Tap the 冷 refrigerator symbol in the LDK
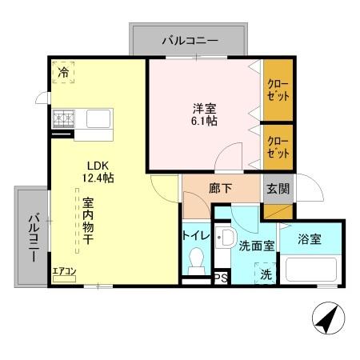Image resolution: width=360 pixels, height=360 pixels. pyautogui.click(x=62, y=72)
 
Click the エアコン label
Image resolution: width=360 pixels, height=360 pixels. pyautogui.click(x=64, y=270)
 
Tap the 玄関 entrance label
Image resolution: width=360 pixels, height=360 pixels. pyautogui.click(x=278, y=190)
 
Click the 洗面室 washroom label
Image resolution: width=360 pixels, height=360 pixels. pyautogui.click(x=257, y=246)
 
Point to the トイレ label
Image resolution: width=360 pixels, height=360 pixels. pyautogui.click(x=196, y=236)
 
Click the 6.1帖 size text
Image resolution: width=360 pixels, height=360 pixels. pyautogui.click(x=202, y=121)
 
